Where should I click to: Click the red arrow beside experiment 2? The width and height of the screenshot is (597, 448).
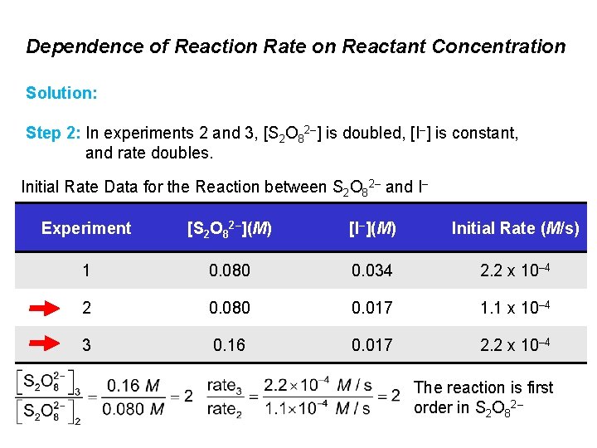point(50,309)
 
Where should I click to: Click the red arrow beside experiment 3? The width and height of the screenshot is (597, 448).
point(50,343)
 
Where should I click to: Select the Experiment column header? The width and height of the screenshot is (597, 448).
point(86,228)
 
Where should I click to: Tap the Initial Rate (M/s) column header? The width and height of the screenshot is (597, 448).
point(515,228)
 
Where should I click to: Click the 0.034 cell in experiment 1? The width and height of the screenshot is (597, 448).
point(371,271)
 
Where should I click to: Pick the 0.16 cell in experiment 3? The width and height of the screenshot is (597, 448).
point(228,344)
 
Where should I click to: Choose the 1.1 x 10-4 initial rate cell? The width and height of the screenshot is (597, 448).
point(515,309)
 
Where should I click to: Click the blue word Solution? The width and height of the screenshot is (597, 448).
point(61,92)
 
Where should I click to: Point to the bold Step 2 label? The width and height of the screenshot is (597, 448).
point(54,133)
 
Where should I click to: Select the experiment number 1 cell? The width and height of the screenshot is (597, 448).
point(86,271)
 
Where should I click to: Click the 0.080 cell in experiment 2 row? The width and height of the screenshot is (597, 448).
point(228,309)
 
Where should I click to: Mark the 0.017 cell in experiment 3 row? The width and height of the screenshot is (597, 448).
point(371,344)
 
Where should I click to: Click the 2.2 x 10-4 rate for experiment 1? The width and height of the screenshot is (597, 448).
point(515,271)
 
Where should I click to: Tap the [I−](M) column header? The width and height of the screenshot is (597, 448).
point(371,228)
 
